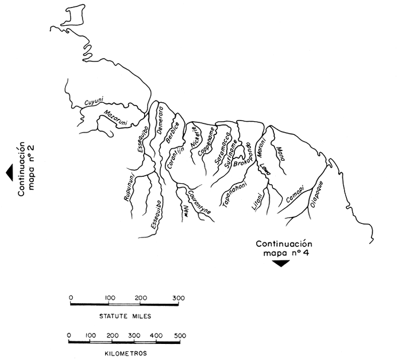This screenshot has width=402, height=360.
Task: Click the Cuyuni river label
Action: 92,102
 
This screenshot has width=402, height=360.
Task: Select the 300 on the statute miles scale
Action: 179,297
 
